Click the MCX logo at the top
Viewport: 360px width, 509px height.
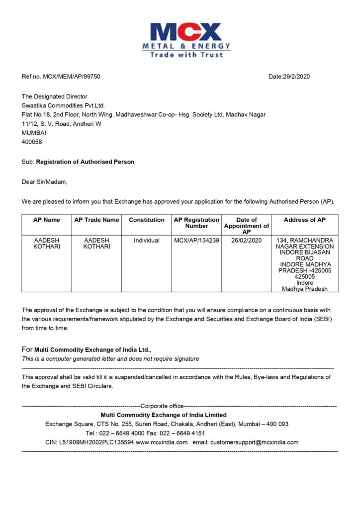point(186,32)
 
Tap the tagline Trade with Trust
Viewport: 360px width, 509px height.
point(186,55)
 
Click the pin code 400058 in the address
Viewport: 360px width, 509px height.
point(32,141)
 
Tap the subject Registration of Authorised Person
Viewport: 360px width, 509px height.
point(86,162)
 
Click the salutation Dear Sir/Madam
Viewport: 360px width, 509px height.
point(44,182)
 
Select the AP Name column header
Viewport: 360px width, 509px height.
point(47,220)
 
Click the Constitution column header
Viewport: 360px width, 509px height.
point(147,220)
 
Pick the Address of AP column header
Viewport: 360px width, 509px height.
point(305,220)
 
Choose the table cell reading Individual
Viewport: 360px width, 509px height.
point(147,241)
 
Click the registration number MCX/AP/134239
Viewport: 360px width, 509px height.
point(196,241)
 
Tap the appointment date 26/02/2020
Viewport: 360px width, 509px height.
point(247,241)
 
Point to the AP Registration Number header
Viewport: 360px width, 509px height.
point(196,223)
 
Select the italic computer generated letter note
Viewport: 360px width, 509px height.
point(110,358)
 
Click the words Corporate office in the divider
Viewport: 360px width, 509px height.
point(162,406)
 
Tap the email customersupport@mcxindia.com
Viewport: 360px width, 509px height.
point(254,442)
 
